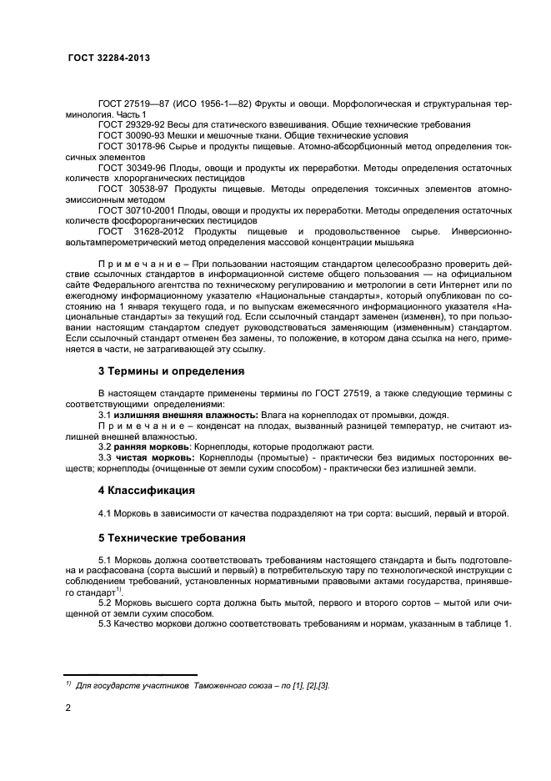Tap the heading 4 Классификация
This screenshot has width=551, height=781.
(146, 491)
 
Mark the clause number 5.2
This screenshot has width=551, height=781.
(107, 602)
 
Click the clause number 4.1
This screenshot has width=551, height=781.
(107, 512)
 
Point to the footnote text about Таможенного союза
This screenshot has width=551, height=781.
(200, 685)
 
